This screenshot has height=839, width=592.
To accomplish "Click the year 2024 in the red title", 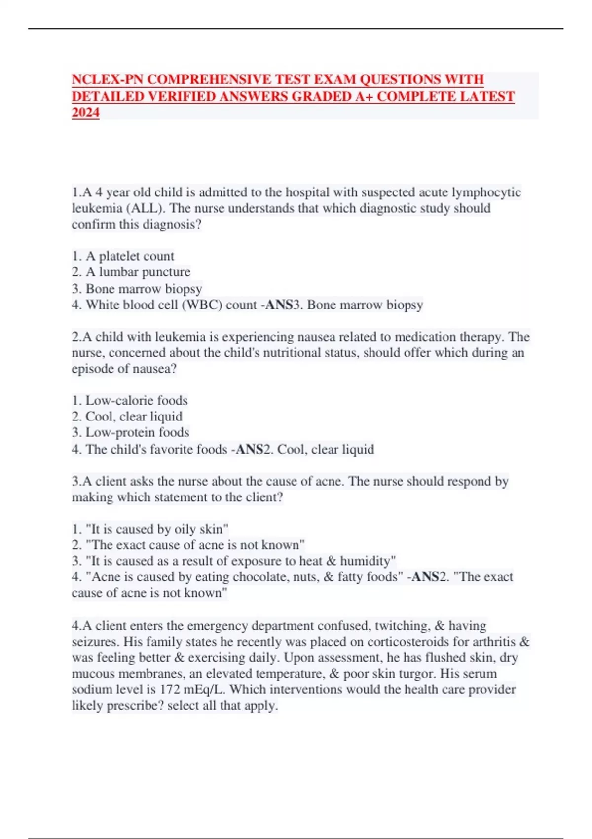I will (x=85, y=113).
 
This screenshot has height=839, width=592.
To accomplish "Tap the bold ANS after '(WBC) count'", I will (x=279, y=305).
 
